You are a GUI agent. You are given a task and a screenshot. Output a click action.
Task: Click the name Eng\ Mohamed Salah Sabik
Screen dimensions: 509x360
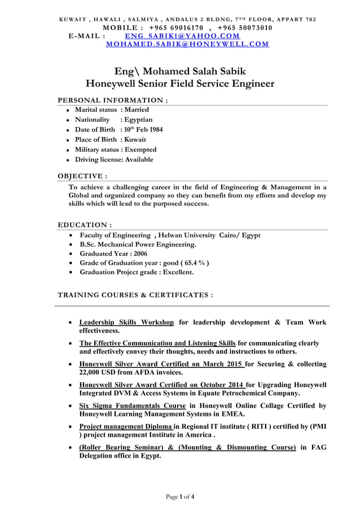pyautogui.click(x=180, y=71)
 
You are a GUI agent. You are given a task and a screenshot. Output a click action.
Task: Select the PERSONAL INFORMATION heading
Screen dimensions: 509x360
pyautogui.click(x=113, y=100)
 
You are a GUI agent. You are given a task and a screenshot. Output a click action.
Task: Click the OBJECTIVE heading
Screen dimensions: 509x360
pyautogui.click(x=84, y=176)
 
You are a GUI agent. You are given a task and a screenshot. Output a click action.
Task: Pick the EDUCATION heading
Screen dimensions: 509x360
pyautogui.click(x=85, y=225)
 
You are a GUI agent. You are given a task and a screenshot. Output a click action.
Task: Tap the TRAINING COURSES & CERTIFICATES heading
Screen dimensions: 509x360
pyautogui.click(x=135, y=295)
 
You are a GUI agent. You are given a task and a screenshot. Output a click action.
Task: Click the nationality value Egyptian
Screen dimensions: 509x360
pyautogui.click(x=139, y=120)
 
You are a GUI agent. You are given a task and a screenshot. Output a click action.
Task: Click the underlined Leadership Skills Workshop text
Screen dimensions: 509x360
pyautogui.click(x=126, y=322)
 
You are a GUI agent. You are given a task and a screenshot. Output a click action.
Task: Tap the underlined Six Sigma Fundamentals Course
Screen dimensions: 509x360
pyautogui.click(x=132, y=406)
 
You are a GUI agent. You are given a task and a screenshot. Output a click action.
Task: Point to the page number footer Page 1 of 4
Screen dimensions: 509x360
pyautogui.click(x=180, y=497)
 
